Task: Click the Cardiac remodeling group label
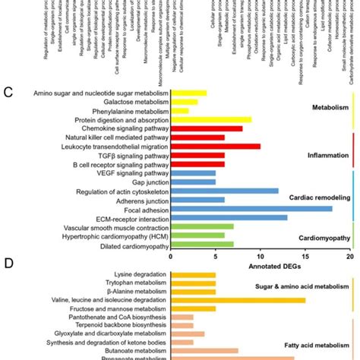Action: [312, 196]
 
